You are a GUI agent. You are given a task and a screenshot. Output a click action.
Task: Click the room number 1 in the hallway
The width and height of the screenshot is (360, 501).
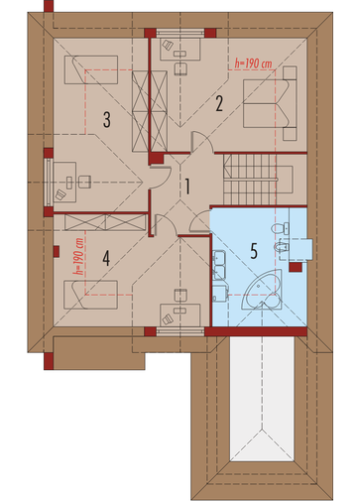pyautogui.click(x=187, y=187)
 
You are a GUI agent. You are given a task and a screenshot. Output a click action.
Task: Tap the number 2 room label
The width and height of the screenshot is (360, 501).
pyautogui.click(x=219, y=103)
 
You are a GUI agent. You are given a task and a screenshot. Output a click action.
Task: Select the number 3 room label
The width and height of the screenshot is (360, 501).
pyautogui.click(x=107, y=120)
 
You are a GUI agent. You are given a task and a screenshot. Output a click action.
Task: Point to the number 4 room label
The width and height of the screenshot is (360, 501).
pyautogui.click(x=106, y=258)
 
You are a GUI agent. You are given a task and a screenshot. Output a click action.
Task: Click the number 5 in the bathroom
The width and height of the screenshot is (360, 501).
pyautogui.click(x=254, y=251)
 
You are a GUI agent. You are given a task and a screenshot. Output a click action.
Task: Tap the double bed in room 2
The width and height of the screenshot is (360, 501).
pyautogui.click(x=270, y=103)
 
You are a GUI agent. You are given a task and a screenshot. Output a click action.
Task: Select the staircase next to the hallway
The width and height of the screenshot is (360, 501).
pyautogui.click(x=250, y=181)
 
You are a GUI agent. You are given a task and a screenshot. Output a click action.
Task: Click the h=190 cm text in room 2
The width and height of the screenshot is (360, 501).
pyautogui.click(x=253, y=63)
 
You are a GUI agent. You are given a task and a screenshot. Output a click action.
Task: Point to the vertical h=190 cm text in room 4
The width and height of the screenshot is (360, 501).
pyautogui.click(x=79, y=257)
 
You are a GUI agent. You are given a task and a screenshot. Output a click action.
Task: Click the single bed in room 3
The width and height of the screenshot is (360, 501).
pyautogui.click(x=91, y=69)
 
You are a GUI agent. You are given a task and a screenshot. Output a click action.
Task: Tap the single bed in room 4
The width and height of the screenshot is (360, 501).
pyautogui.click(x=90, y=295)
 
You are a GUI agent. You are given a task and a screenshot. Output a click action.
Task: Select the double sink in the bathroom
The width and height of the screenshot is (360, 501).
pyautogui.click(x=219, y=265)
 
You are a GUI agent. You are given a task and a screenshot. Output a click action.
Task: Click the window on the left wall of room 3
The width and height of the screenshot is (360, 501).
pyautogui.click(x=49, y=183)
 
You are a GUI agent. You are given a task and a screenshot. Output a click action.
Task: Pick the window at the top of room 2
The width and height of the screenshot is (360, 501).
pyautogui.click(x=180, y=33)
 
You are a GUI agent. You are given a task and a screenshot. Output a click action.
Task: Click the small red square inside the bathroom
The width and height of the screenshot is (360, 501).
pyautogui.click(x=296, y=267)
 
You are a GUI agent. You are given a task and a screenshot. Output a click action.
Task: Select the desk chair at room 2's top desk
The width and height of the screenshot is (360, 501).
pyautogui.click(x=180, y=68)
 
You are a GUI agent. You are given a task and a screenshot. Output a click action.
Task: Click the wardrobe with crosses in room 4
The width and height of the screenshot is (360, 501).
pyautogui.click(x=105, y=222)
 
